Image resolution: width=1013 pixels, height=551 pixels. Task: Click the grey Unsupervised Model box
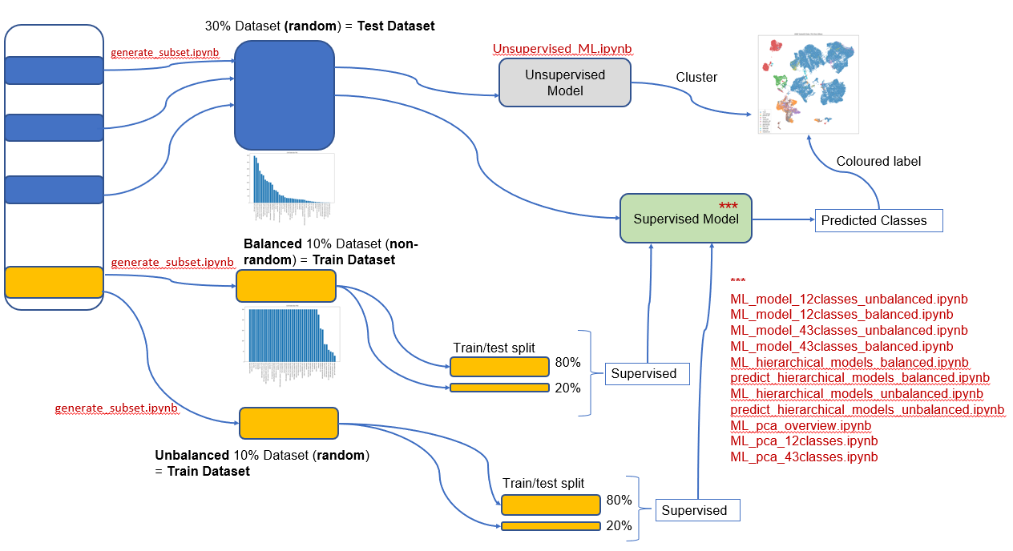click(565, 82)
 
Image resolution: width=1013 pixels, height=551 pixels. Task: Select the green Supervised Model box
click(686, 218)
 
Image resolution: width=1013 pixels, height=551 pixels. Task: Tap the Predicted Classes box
click(878, 221)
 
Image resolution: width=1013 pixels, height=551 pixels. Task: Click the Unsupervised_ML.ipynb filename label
click(563, 49)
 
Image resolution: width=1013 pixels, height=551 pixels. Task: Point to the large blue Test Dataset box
click(284, 95)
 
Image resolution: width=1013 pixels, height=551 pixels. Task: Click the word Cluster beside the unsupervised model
click(696, 78)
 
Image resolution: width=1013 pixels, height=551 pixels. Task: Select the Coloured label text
click(878, 161)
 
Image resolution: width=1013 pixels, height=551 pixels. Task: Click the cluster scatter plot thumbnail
click(808, 83)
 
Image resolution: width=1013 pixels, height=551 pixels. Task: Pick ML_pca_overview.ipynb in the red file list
click(801, 425)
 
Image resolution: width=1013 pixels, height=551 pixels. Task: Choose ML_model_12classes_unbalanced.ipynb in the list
click(849, 300)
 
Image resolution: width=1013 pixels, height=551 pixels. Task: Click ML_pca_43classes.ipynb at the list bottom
click(804, 456)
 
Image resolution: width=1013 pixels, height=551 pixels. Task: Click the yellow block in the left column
click(54, 282)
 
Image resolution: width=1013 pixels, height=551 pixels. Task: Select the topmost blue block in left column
click(54, 70)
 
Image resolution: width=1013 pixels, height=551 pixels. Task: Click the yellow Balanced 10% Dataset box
click(285, 286)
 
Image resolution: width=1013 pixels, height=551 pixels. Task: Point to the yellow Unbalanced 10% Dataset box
click(289, 422)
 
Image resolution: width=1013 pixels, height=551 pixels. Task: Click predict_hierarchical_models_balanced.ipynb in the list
click(860, 378)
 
